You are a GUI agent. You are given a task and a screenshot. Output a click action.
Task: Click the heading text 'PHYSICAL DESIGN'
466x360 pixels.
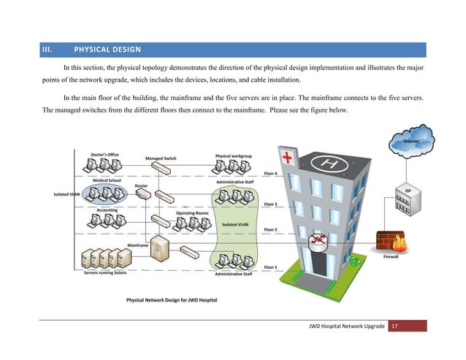point(107,50)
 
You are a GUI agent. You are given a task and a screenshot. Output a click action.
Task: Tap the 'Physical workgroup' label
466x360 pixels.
point(234,155)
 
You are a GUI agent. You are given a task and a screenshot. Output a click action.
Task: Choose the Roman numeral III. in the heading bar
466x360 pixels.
point(48,50)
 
